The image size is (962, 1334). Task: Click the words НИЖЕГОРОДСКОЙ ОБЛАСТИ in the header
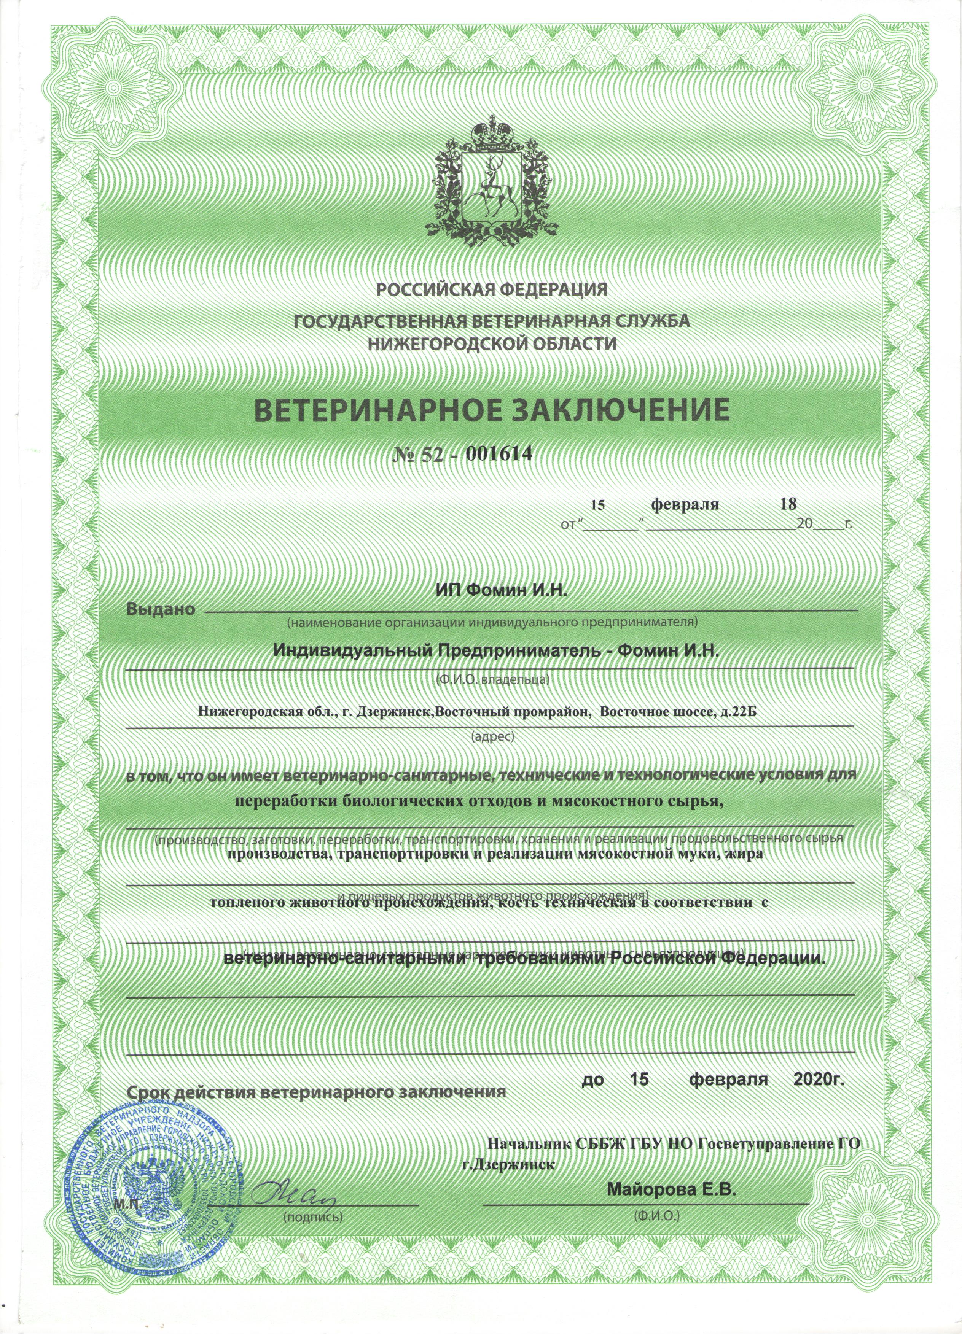tap(492, 343)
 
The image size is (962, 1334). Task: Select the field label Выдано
tap(161, 609)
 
